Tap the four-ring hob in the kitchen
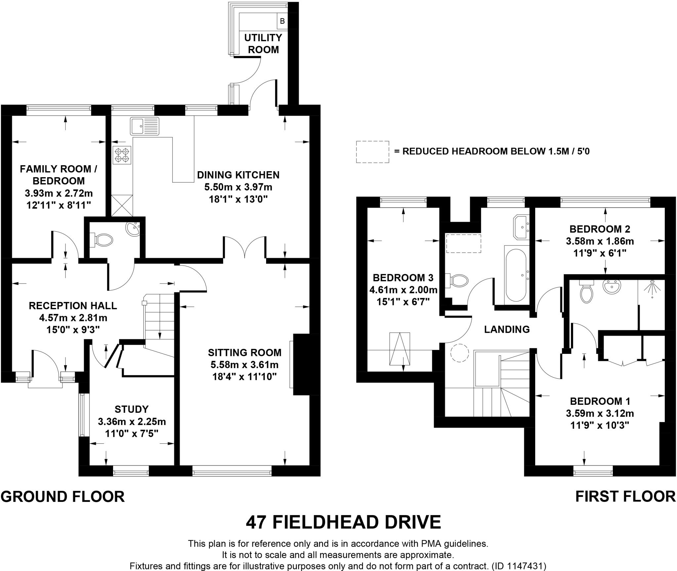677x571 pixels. tap(122, 155)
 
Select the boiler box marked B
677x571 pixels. tap(282, 21)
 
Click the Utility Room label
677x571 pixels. tap(263, 44)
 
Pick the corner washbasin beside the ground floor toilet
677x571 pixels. tap(134, 229)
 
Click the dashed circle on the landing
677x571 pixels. tap(459, 353)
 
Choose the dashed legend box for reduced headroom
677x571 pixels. tap(372, 152)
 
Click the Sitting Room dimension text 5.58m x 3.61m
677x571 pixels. tap(245, 365)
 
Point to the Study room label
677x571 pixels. tap(132, 409)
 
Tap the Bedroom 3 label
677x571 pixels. tap(403, 278)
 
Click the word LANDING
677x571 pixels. tap(507, 329)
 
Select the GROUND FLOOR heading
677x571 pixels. tap(63, 497)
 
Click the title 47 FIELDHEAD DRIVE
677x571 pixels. tap(343, 522)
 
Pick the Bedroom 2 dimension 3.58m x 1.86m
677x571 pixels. tap(600, 241)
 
